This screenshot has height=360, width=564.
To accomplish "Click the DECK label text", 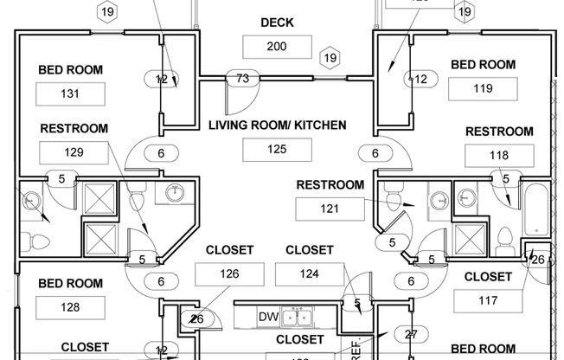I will pyautogui.click(x=276, y=22).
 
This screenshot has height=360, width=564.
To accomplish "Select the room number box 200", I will pyautogui.click(x=277, y=47).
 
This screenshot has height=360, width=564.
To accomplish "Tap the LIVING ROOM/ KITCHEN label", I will pyautogui.click(x=277, y=125).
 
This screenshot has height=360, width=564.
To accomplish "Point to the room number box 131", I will pyautogui.click(x=71, y=93).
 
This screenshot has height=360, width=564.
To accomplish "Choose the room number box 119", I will pyautogui.click(x=483, y=88).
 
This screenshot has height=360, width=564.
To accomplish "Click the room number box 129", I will pyautogui.click(x=74, y=152).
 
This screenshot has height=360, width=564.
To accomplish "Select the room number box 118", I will pyautogui.click(x=499, y=156).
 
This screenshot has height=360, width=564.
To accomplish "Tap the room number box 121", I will pyautogui.click(x=330, y=209).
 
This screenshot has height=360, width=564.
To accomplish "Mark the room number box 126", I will pyautogui.click(x=229, y=274).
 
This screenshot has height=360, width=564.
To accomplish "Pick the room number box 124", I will pyautogui.click(x=309, y=274).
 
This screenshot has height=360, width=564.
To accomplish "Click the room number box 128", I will pyautogui.click(x=71, y=307).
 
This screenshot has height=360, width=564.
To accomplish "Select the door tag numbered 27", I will pyautogui.click(x=410, y=333).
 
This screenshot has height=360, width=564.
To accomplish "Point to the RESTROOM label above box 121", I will pyautogui.click(x=330, y=184).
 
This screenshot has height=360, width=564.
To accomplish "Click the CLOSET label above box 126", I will pyautogui.click(x=229, y=250).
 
